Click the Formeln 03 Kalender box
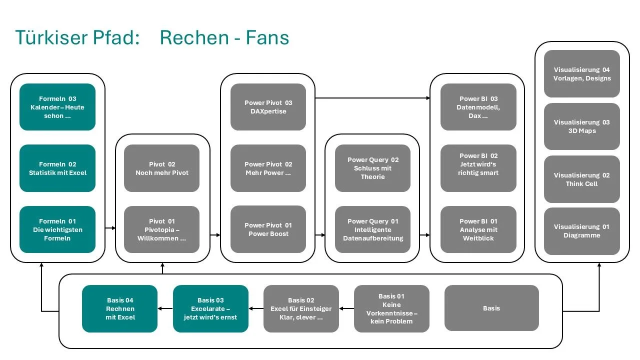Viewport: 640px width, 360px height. (x=57, y=107)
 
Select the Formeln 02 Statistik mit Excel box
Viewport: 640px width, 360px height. (x=57, y=168)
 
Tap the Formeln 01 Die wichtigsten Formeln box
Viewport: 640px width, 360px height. (x=57, y=229)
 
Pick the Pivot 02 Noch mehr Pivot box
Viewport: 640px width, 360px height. (x=162, y=168)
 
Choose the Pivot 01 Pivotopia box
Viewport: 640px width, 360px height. (x=162, y=229)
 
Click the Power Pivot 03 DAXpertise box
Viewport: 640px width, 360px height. (x=268, y=107)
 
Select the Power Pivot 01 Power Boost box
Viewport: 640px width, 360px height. (x=268, y=229)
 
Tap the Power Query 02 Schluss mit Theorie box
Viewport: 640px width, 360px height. (x=373, y=168)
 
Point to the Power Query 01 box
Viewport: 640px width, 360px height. (x=373, y=229)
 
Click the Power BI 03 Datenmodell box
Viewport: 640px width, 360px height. (x=478, y=107)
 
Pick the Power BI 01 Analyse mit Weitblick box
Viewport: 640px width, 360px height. (x=478, y=229)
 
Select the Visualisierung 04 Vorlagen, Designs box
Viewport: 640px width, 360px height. (x=582, y=74)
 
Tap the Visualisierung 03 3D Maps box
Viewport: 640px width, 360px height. (x=582, y=126)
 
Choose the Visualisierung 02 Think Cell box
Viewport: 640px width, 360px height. (x=582, y=179)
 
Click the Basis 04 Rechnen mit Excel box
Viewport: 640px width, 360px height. (x=120, y=308)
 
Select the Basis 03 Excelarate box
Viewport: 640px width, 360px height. (x=210, y=308)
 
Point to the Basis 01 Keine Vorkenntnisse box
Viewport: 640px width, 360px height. (x=391, y=308)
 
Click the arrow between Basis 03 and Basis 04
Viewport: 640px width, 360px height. (x=165, y=308)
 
